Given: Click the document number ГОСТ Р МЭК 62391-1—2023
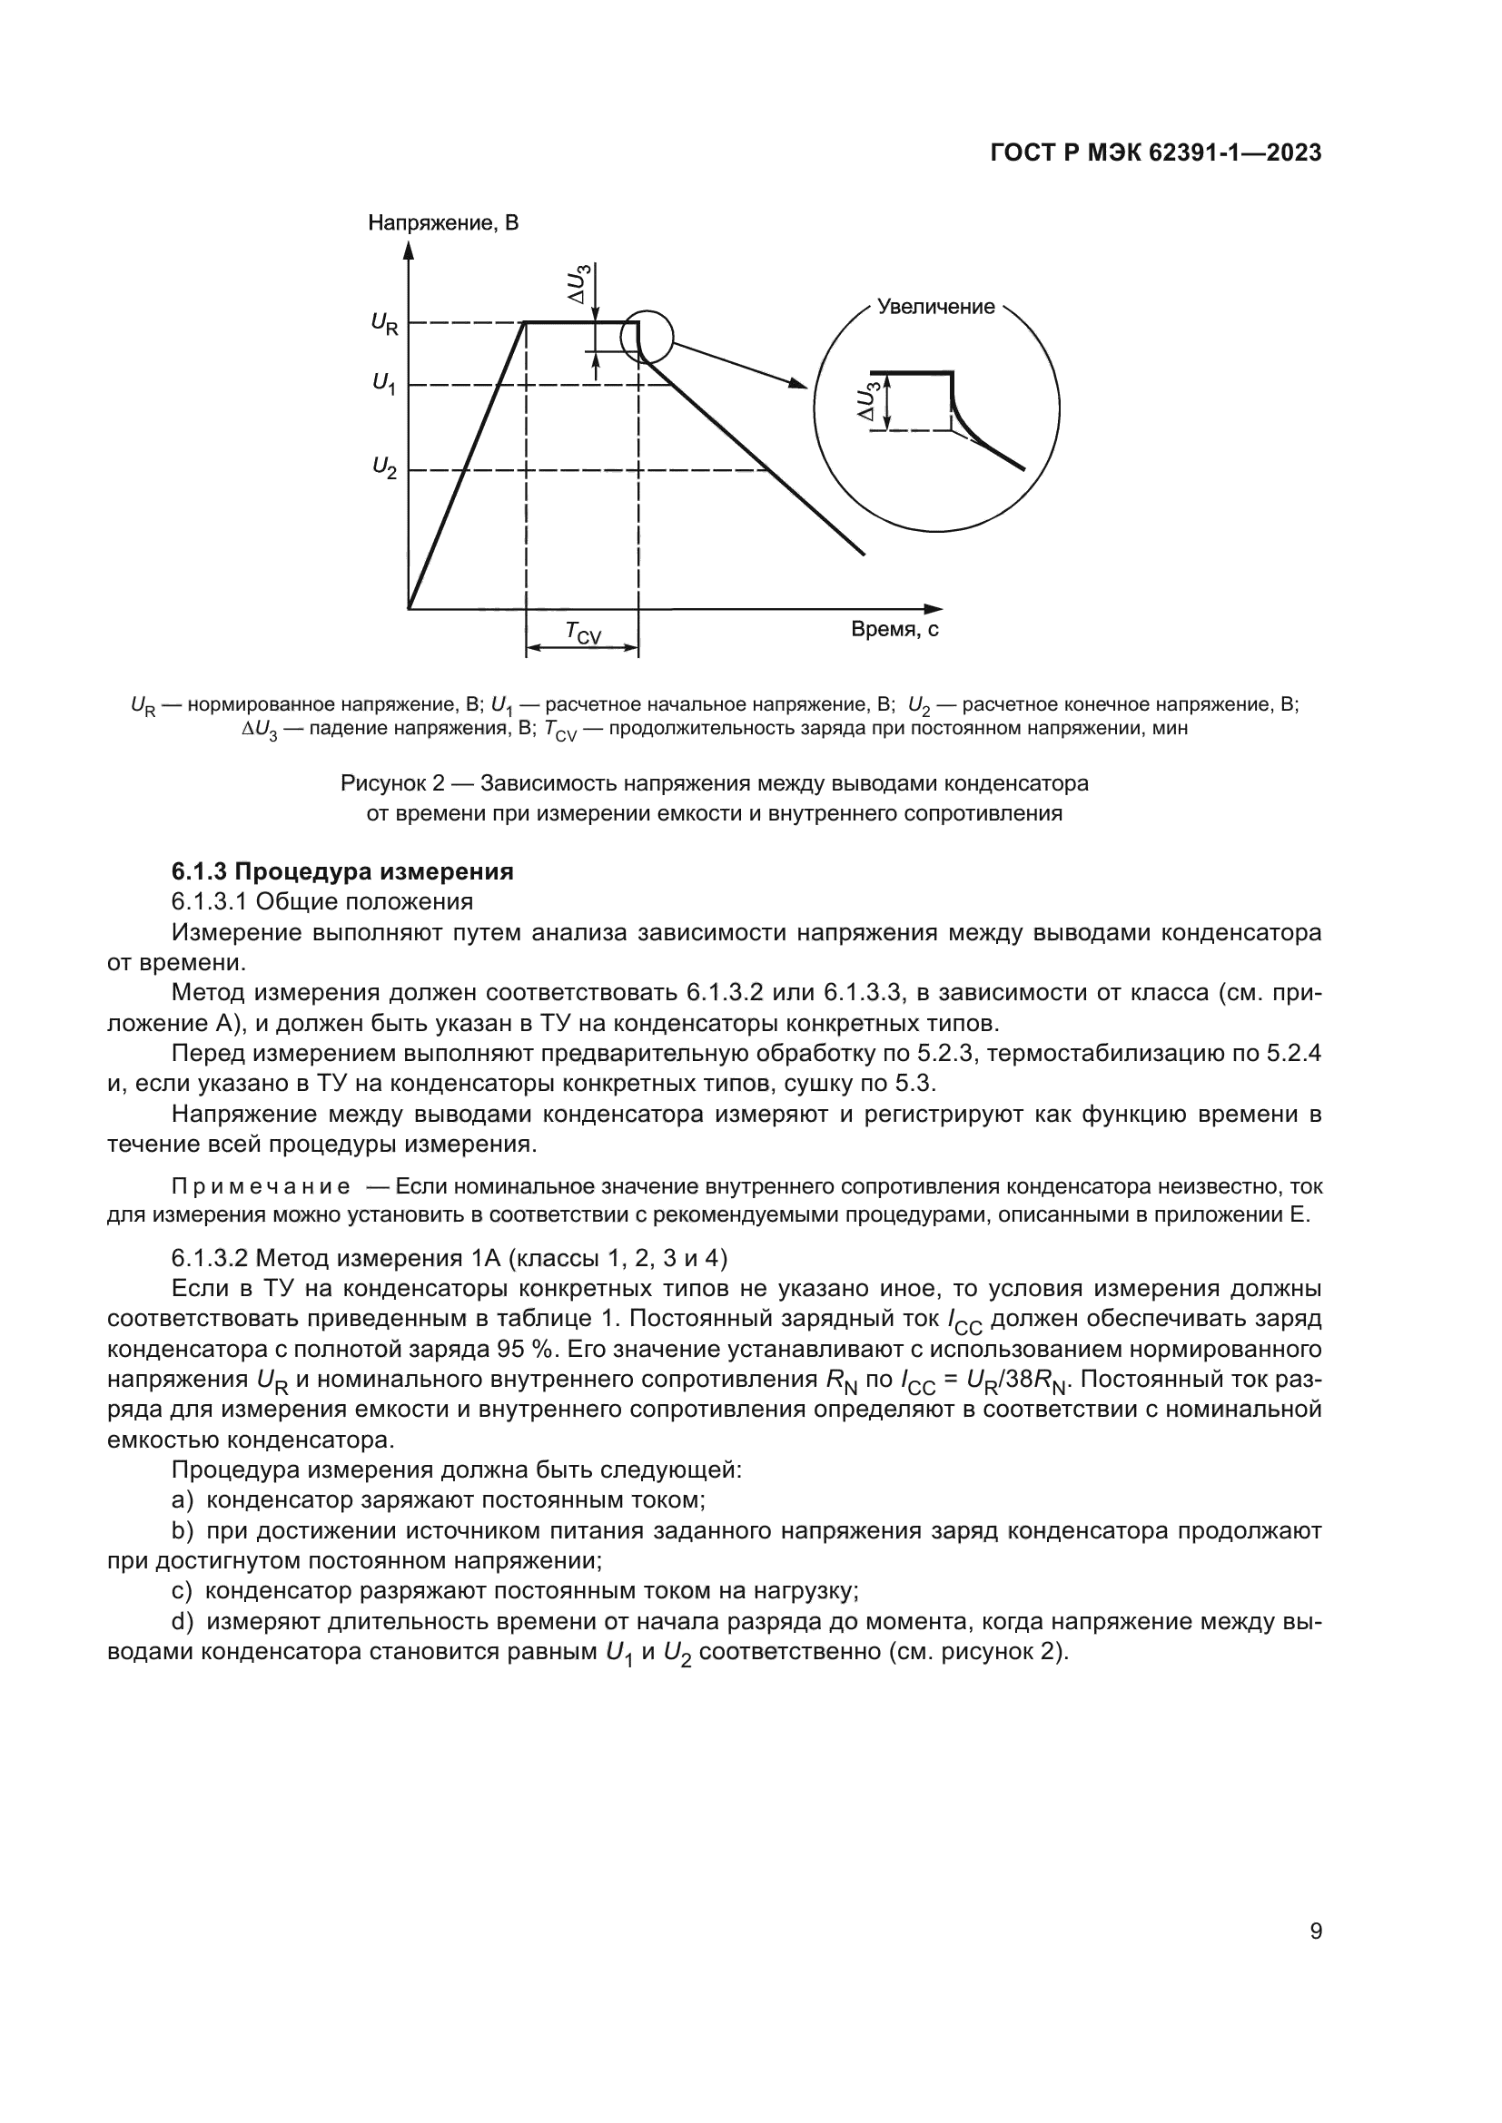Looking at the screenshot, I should tap(1155, 153).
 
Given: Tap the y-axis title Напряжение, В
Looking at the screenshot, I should tap(443, 223).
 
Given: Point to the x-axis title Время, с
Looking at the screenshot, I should tap(894, 630).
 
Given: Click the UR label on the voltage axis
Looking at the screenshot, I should tap(384, 323).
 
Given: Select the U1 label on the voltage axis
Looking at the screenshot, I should tap(384, 383).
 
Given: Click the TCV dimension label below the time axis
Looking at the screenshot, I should tap(583, 633).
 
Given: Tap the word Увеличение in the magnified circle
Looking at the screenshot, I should tap(935, 307).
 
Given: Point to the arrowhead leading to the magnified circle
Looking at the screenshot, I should tap(798, 383).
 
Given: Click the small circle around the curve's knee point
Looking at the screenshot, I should tap(646, 337).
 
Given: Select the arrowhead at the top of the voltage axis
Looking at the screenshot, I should tap(409, 248).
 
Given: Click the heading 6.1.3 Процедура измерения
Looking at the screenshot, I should tap(342, 871).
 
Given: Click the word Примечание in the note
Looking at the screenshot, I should tap(261, 1186).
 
